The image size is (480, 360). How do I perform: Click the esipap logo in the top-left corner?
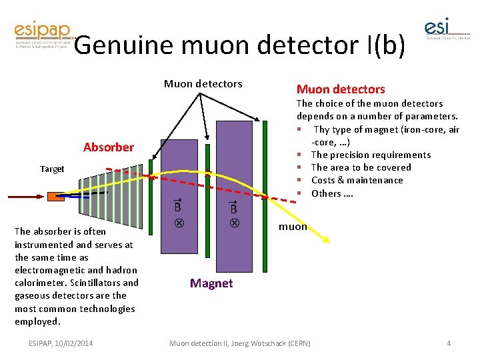(x=41, y=37)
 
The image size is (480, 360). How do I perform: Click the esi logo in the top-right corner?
(x=445, y=31)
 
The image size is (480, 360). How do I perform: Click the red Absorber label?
(x=109, y=147)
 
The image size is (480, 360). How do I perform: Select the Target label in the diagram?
(x=52, y=169)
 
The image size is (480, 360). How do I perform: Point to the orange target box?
(x=56, y=197)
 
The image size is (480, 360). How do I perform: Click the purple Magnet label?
(x=211, y=283)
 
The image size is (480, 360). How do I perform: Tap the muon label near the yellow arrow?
(x=293, y=226)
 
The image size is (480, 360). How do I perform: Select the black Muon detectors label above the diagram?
(x=203, y=83)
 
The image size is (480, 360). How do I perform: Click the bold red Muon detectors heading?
(x=341, y=89)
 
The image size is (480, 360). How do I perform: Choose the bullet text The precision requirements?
(x=371, y=155)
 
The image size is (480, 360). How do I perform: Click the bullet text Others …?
(x=331, y=193)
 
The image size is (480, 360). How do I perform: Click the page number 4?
(x=449, y=343)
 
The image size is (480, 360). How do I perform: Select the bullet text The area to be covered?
(x=361, y=167)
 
